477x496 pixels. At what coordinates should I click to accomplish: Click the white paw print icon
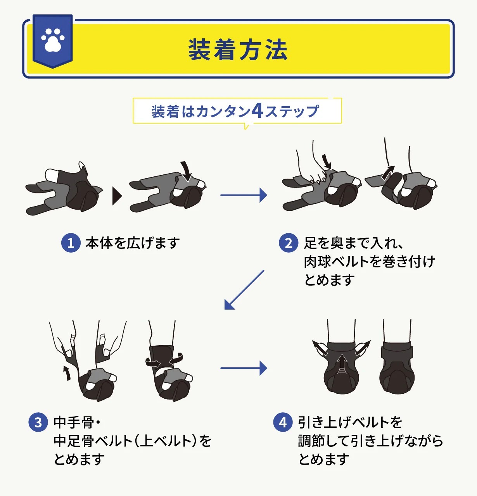coord(53,40)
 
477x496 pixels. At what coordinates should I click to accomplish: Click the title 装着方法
coord(238,50)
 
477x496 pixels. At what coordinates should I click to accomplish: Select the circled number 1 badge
coord(71,243)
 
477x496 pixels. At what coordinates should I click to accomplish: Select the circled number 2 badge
coord(289,243)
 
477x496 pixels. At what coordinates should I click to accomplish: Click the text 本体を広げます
coord(133,243)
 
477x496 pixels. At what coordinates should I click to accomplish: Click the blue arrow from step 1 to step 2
coord(244,195)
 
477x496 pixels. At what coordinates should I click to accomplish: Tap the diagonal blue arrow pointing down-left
coord(244,290)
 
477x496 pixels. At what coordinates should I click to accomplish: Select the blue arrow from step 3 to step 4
coord(244,368)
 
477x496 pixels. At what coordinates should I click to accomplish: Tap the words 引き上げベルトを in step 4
coord(350,422)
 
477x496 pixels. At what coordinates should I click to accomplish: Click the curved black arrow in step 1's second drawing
coord(187,171)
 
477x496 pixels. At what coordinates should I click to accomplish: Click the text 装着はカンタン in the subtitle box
coord(201,111)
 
